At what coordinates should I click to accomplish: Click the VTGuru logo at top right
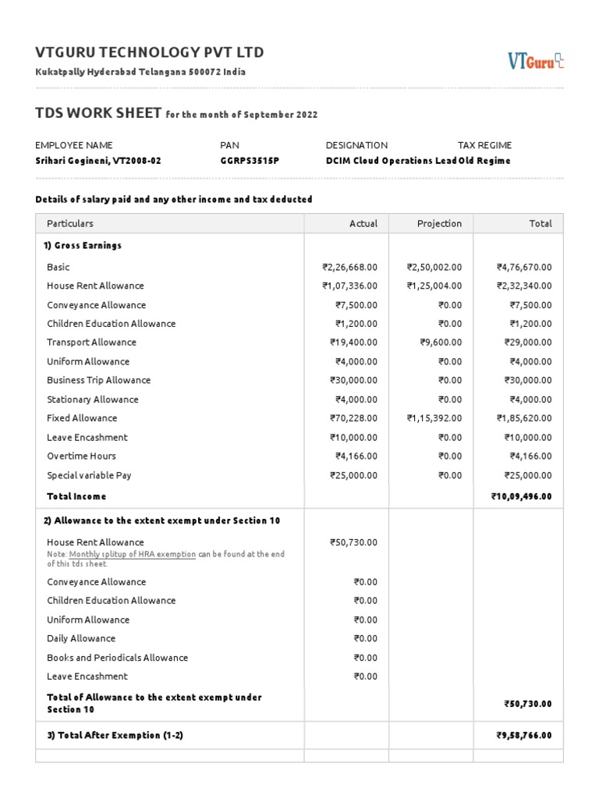[x=536, y=60]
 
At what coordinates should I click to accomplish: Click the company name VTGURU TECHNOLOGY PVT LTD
[x=150, y=52]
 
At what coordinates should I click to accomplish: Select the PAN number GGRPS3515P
[x=250, y=161]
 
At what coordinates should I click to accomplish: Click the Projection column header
[x=439, y=223]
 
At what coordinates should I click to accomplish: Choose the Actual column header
[x=363, y=223]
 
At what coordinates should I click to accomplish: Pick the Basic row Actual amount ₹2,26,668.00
[x=349, y=267]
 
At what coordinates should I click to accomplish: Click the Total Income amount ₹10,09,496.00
[x=521, y=496]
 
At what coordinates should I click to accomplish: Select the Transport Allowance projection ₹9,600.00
[x=441, y=343]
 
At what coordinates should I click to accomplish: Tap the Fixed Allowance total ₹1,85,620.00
[x=523, y=418]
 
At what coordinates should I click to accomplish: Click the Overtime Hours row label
[x=81, y=456]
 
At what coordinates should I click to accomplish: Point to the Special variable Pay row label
[x=89, y=475]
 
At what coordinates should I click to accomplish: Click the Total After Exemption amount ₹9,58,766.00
[x=523, y=735]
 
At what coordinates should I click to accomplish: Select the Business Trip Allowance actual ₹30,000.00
[x=353, y=380]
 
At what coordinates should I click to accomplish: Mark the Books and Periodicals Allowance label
[x=117, y=658]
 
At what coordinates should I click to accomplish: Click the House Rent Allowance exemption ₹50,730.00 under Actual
[x=353, y=542]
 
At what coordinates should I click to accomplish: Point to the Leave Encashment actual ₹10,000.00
[x=353, y=437]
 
